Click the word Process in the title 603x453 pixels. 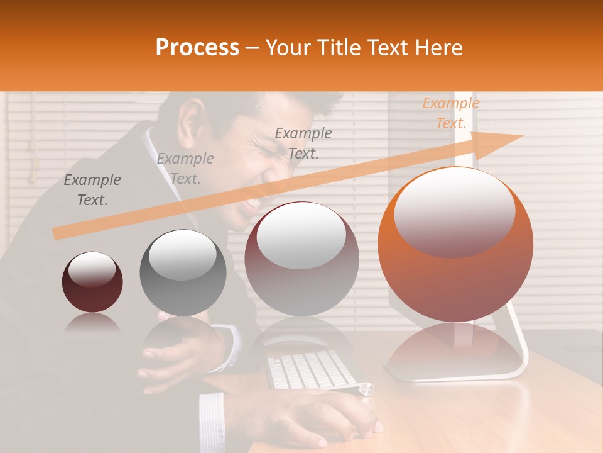(197, 48)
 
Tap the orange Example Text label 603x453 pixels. (450, 113)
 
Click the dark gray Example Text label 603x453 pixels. (92, 189)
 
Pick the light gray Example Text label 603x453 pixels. (185, 168)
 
